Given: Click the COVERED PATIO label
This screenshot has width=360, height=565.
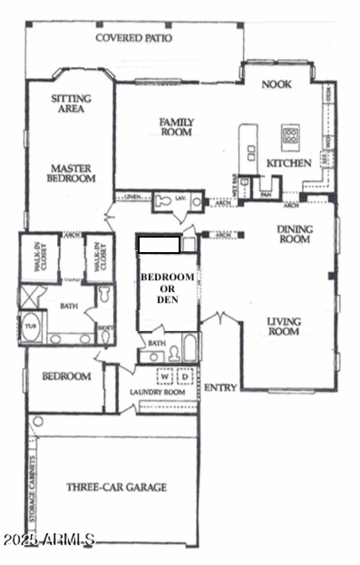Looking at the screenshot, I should click(x=134, y=38).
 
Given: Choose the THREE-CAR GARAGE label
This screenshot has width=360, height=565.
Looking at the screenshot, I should click(x=117, y=487).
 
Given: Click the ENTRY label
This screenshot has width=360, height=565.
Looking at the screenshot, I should click(x=220, y=388).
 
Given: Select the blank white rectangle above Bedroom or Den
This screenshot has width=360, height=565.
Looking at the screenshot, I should click(x=159, y=245).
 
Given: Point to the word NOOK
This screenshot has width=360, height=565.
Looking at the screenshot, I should click(x=277, y=85).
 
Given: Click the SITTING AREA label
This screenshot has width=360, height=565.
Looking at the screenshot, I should click(x=71, y=103).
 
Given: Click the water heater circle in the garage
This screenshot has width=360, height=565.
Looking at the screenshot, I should click(x=38, y=422).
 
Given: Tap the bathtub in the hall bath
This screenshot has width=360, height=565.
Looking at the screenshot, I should click(x=189, y=347).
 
